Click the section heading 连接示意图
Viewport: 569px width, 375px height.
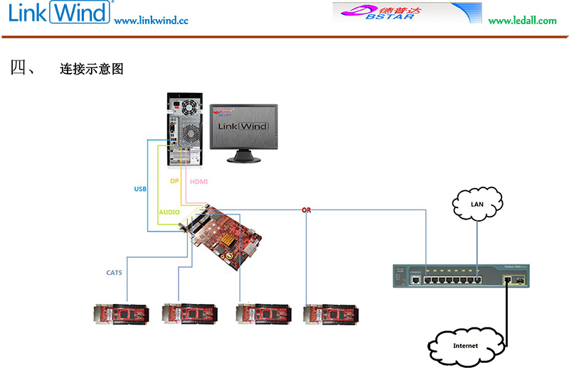pos(92,69)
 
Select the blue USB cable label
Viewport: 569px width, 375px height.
pos(140,189)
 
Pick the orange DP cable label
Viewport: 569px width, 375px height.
pos(174,181)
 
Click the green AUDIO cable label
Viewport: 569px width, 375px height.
pos(169,212)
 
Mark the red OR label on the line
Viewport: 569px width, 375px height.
pos(306,210)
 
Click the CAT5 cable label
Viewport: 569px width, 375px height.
pos(114,272)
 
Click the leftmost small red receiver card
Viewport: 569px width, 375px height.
pos(122,314)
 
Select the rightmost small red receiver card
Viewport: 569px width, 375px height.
pos(329,314)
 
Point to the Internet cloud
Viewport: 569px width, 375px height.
pos(466,345)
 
